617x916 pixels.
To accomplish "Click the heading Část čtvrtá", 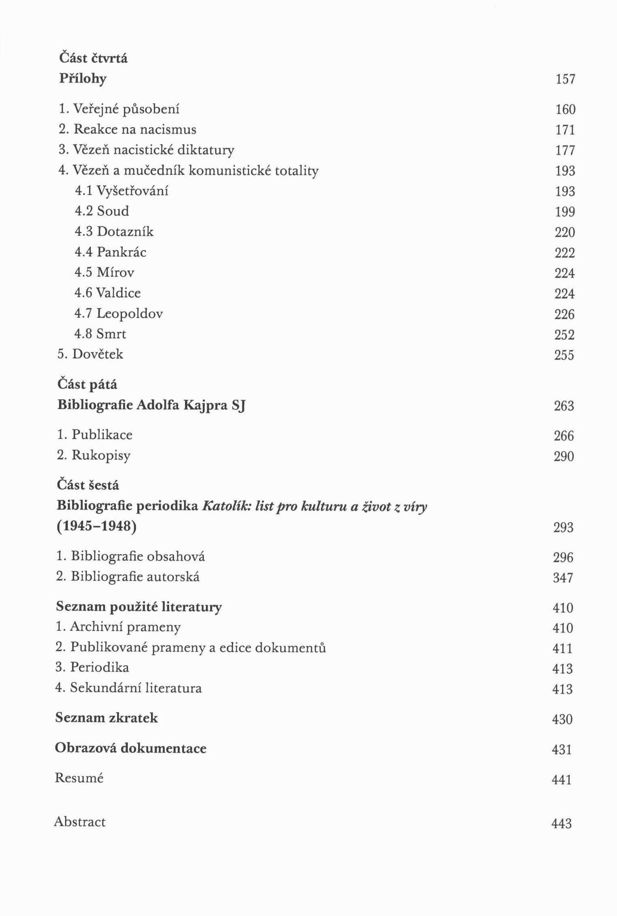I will coord(93,58).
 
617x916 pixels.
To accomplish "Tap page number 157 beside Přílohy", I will coord(565,79).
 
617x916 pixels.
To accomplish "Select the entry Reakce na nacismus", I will coord(127,129).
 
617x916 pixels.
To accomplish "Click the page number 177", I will coord(565,150).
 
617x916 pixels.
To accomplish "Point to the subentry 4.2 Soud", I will coord(102,211).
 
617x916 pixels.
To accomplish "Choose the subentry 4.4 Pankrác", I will coord(110,252).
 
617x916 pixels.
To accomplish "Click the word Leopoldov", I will coord(130,313).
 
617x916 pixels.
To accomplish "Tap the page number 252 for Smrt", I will coord(564,335).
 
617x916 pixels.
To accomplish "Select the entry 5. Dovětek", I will coord(90,354).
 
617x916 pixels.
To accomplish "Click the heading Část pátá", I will coord(87,384).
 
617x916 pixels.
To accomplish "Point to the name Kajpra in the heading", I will coord(206,405).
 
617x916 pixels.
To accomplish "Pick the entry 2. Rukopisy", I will coord(94,455).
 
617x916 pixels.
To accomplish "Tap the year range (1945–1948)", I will coord(97,526).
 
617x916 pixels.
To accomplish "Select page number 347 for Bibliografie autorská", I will coord(563,578).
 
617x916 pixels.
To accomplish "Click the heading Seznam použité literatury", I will coord(139,607).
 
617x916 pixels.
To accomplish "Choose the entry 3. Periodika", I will coord(92,667).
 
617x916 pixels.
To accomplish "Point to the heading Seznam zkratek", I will coord(106,718).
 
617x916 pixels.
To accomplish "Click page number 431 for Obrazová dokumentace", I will coord(562,750).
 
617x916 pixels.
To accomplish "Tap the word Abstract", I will coord(80,822).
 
